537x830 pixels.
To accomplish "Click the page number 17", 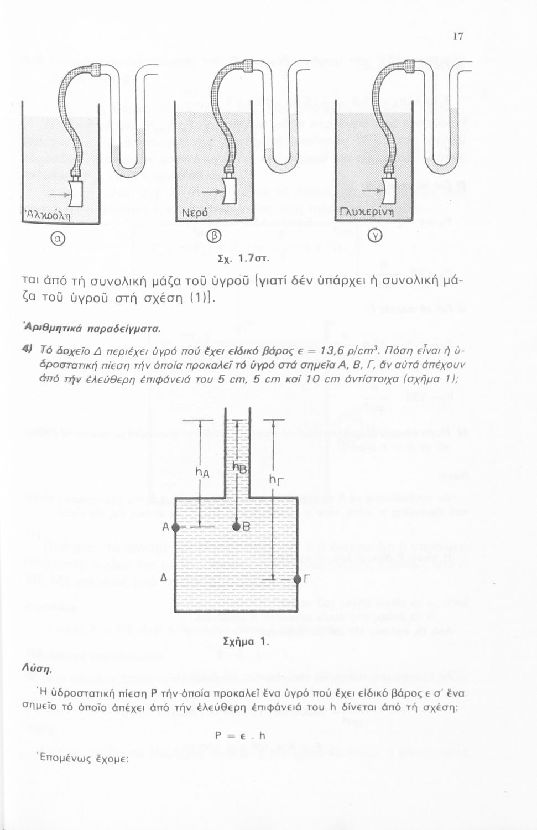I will (x=457, y=37).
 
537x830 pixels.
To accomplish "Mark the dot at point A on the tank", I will (x=175, y=527).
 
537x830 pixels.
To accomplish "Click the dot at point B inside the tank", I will (x=236, y=527).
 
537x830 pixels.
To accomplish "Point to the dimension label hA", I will (x=202, y=473).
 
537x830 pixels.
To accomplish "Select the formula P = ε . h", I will (x=240, y=735).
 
